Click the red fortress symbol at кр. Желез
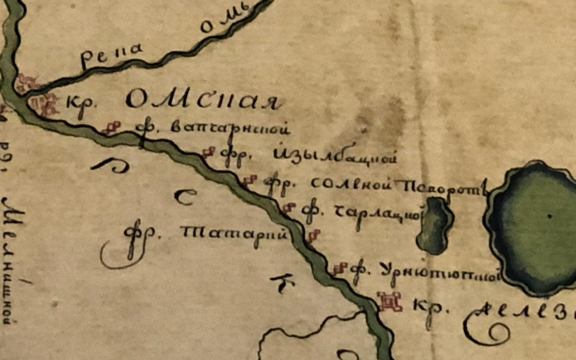[x=390, y=301]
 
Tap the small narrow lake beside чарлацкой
[x=434, y=225]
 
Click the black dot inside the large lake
[x=549, y=216]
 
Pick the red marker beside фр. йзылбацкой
[x=208, y=153]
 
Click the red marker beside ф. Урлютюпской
[x=340, y=269]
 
